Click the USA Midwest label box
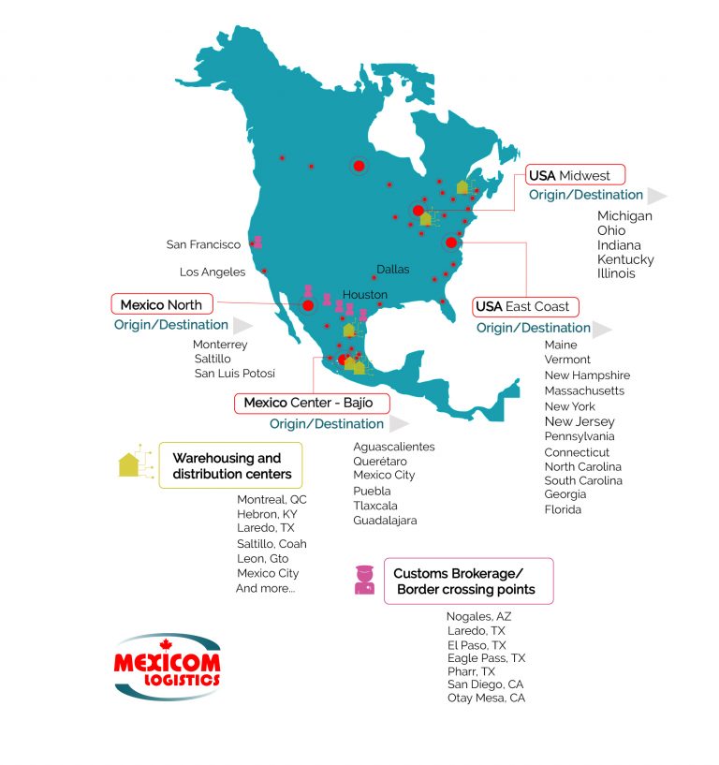pos(574,175)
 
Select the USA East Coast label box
pos(523,306)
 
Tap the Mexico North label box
pos(161,304)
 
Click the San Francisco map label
pos(203,244)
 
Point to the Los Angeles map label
pos(213,272)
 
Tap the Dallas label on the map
pos(393,270)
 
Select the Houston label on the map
pos(364,294)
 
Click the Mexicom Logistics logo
pos(168,668)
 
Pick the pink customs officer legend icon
pos(364,580)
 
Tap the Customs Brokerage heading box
pos(468,581)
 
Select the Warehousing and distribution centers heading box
pos(230,465)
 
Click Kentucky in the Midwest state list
pos(625,259)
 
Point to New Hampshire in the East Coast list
pos(587,375)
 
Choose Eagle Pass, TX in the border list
pos(486,658)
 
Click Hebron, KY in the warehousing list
pos(268,514)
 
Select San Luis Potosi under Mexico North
pos(234,373)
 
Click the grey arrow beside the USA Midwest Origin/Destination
pos(656,196)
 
